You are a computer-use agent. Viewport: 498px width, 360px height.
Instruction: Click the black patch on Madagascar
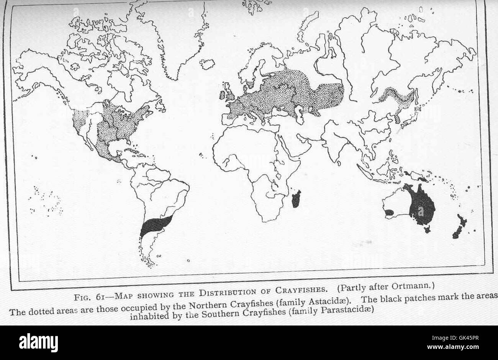pyautogui.click(x=296, y=199)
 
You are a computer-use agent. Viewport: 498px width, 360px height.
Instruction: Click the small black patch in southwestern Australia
pyautogui.click(x=389, y=212)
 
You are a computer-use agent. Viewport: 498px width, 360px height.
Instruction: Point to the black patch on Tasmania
pyautogui.click(x=427, y=229)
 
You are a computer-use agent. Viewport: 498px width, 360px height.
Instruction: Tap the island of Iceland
pyautogui.click(x=207, y=64)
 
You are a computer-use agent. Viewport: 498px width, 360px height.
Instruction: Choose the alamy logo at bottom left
pyautogui.click(x=38, y=342)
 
